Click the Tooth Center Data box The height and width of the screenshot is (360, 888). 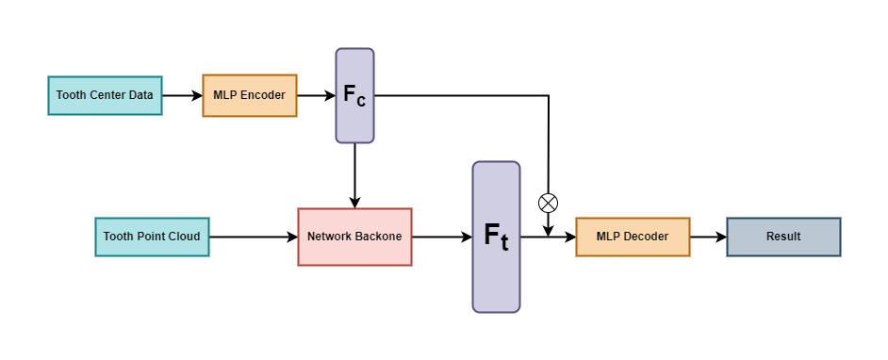(105, 95)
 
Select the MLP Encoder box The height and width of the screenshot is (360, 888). (249, 95)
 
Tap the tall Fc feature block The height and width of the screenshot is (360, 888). (354, 95)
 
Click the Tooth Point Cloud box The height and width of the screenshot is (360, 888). (152, 237)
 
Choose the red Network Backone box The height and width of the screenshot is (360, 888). (354, 237)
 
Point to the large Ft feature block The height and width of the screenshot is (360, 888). (496, 236)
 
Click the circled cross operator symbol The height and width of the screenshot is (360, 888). (548, 204)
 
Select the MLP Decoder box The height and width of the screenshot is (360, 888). (633, 237)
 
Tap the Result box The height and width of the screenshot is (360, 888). (783, 237)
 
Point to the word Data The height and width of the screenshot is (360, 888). (141, 95)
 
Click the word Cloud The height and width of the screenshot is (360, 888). (183, 237)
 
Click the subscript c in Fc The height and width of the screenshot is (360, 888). (362, 101)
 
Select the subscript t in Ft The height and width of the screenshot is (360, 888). (504, 243)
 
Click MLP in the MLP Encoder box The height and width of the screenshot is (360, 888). (225, 95)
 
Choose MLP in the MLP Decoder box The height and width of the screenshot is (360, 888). (609, 237)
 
